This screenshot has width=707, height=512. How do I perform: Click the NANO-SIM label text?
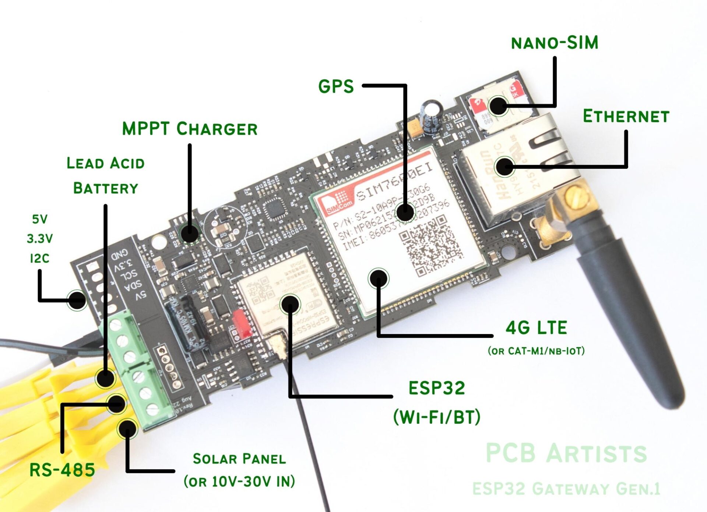(555, 43)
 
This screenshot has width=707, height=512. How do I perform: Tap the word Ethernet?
(626, 117)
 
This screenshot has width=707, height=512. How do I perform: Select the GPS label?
(336, 87)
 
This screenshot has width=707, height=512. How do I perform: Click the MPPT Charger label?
(190, 129)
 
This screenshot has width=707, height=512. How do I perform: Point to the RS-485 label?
(62, 470)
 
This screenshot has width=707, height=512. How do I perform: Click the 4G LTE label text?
(536, 328)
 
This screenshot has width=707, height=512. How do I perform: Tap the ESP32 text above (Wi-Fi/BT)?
(437, 388)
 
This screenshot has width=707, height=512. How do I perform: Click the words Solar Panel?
(239, 459)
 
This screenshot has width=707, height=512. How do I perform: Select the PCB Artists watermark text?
(566, 453)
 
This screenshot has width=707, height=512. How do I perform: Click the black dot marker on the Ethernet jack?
(505, 167)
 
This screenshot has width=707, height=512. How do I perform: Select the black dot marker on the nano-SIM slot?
(498, 106)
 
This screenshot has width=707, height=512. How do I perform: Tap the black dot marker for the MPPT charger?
(189, 234)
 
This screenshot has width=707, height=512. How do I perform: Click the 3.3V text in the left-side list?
(40, 239)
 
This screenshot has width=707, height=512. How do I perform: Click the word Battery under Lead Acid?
(105, 188)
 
